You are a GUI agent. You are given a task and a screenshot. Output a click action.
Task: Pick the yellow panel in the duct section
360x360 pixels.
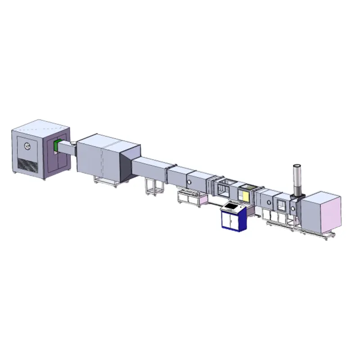point(245,194)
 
